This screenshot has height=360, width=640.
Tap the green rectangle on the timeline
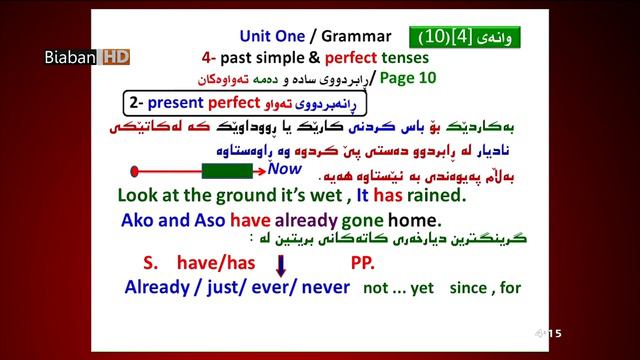(226, 171)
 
